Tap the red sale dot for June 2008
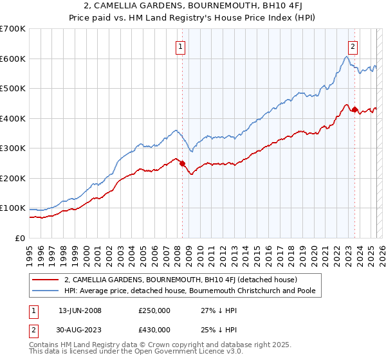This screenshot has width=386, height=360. (x=182, y=163)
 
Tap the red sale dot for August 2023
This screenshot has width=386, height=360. (x=354, y=109)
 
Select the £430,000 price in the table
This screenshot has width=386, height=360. (x=154, y=330)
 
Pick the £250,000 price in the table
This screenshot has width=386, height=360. (x=154, y=310)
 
